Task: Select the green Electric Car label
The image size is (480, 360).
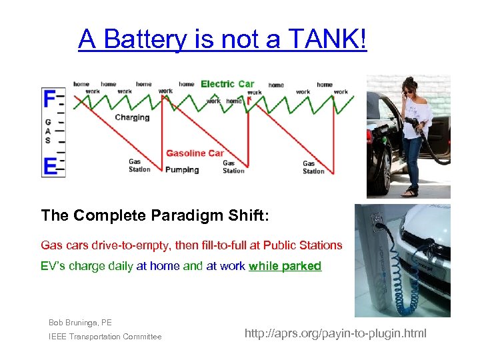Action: click(227, 84)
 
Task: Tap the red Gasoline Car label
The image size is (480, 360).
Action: click(195, 153)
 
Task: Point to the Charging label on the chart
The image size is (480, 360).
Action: click(132, 117)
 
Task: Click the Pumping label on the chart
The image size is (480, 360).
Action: click(182, 170)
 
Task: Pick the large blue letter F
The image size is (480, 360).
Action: click(49, 99)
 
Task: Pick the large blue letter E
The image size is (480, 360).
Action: click(49, 165)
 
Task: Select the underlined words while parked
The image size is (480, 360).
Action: click(285, 266)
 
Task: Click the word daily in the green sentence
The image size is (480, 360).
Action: click(118, 266)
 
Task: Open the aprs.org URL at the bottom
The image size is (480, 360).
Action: click(335, 333)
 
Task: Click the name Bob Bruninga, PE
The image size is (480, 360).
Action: click(80, 323)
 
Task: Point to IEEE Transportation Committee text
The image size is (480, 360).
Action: click(105, 337)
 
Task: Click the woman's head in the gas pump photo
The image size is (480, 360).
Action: click(409, 90)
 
